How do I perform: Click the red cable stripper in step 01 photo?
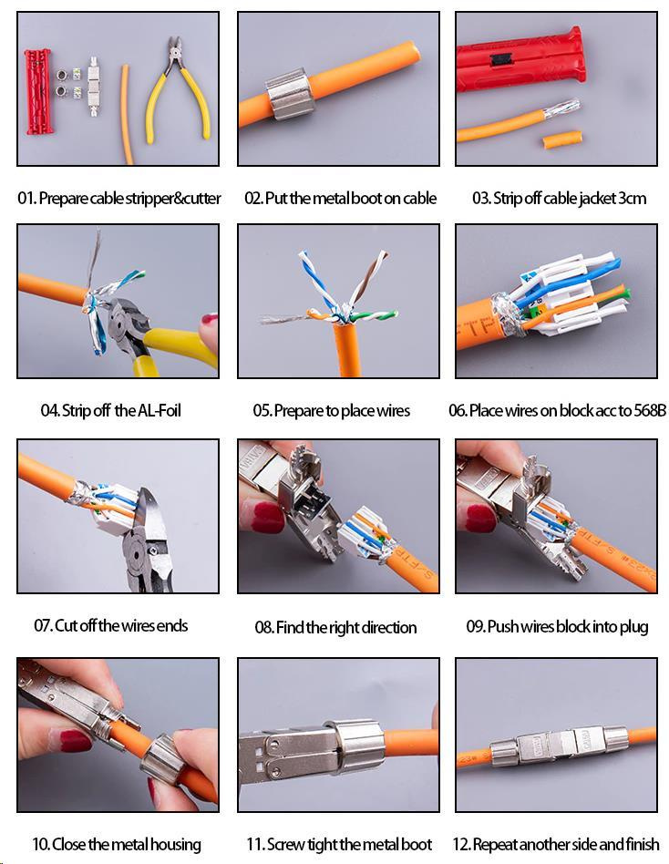[37, 91]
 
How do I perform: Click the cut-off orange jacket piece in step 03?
[561, 139]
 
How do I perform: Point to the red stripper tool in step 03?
[520, 61]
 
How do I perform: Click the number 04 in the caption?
[49, 410]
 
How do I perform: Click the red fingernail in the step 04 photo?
[210, 320]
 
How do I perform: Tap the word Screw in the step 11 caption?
[285, 844]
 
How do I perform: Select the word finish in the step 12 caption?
[643, 844]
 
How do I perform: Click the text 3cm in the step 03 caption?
[632, 199]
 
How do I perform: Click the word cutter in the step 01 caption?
[201, 199]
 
